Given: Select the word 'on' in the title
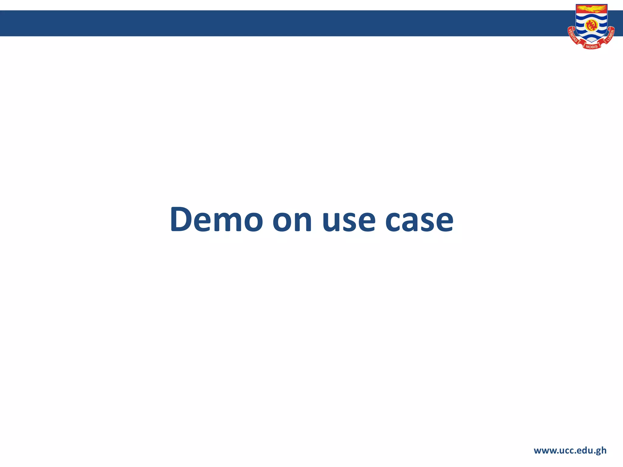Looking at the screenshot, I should (x=292, y=221).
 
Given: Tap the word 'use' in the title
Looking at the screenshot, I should (x=349, y=221).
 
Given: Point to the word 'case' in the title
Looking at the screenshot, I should (x=419, y=221).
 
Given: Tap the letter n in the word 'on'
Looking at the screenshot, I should (x=302, y=221).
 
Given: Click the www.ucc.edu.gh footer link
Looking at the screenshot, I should (x=570, y=450).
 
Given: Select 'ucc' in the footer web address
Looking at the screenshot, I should (x=567, y=451).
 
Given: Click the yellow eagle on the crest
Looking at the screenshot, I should (x=591, y=9).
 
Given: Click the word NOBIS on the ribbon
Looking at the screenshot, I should (x=591, y=47).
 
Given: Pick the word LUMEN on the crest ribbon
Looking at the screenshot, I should (x=610, y=35).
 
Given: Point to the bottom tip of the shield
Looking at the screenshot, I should (x=591, y=42).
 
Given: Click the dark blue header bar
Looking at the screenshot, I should (x=274, y=23).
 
